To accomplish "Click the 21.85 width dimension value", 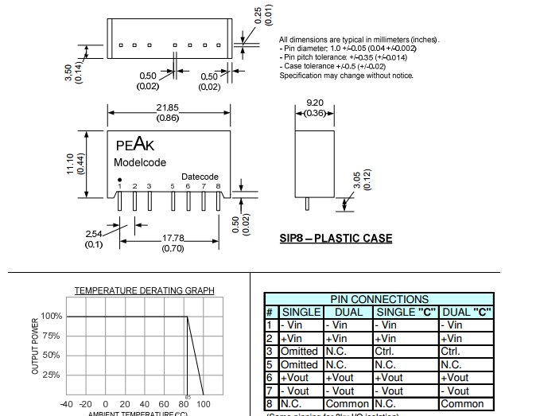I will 168,107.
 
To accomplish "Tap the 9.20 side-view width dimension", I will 315,103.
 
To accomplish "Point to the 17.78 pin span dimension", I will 173,238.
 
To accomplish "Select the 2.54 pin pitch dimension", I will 95,233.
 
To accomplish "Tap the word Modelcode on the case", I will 139,162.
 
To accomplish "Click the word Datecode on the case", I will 200,177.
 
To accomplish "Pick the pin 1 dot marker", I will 120,180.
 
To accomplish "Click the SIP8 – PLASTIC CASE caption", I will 336,239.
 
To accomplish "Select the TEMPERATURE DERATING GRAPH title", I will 144,291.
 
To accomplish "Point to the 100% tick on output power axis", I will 51,316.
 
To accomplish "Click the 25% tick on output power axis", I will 51,374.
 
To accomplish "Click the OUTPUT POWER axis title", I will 35,347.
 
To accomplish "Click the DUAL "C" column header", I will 467,312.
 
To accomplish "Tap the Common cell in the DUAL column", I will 348,404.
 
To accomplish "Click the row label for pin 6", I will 270,378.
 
